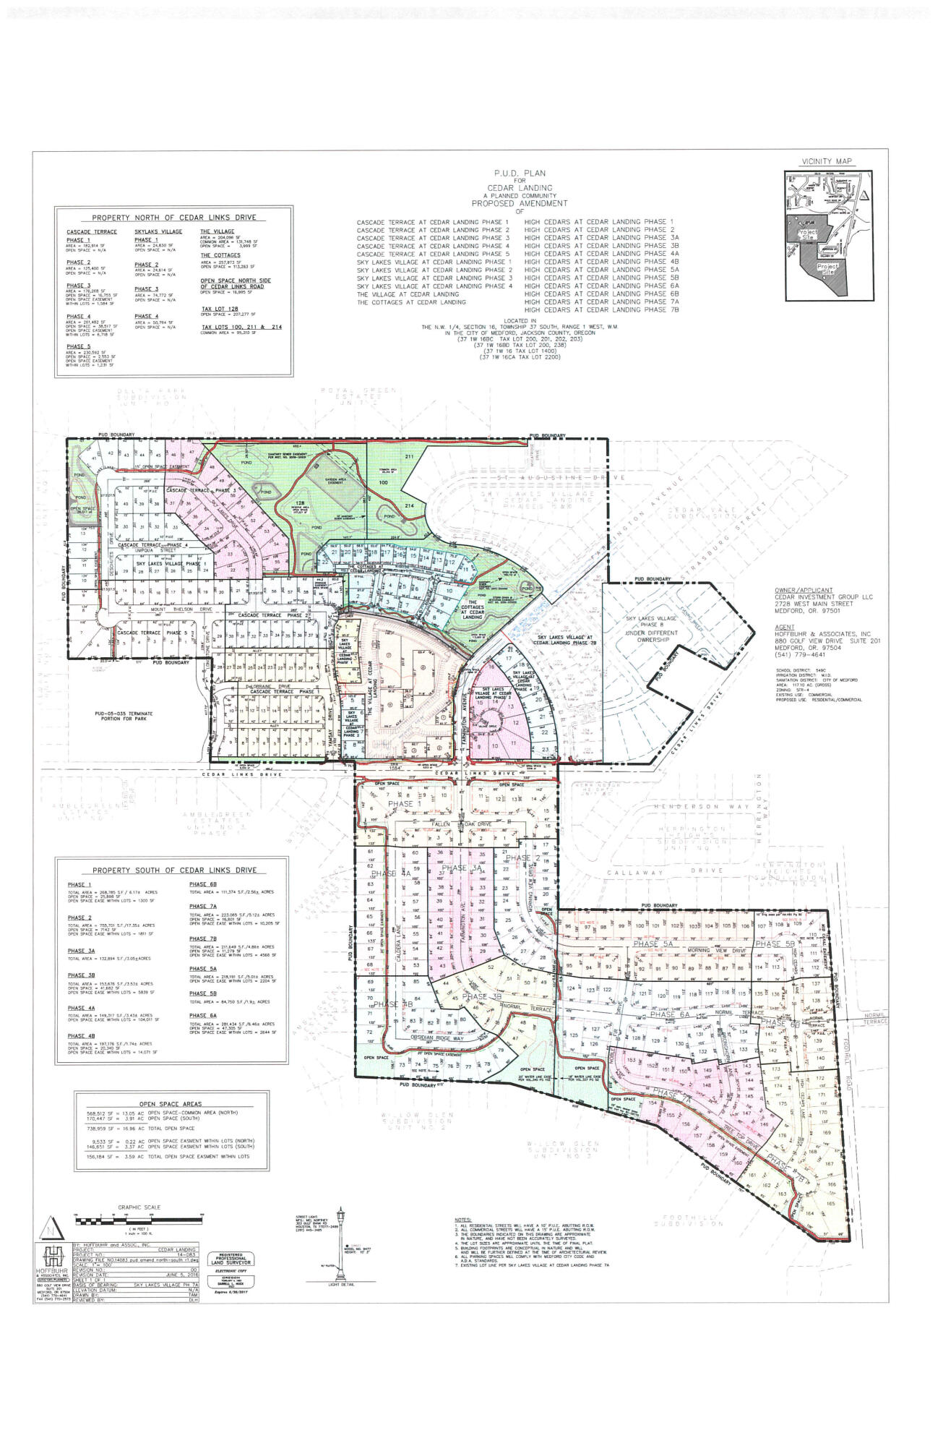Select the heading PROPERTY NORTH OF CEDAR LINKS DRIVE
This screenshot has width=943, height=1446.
[x=174, y=218]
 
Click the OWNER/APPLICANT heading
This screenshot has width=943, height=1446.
[x=801, y=590]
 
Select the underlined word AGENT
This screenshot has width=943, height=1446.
[x=781, y=627]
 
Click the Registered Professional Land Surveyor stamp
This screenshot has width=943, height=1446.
[x=230, y=1273]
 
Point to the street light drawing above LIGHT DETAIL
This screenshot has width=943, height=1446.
[x=340, y=1251]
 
